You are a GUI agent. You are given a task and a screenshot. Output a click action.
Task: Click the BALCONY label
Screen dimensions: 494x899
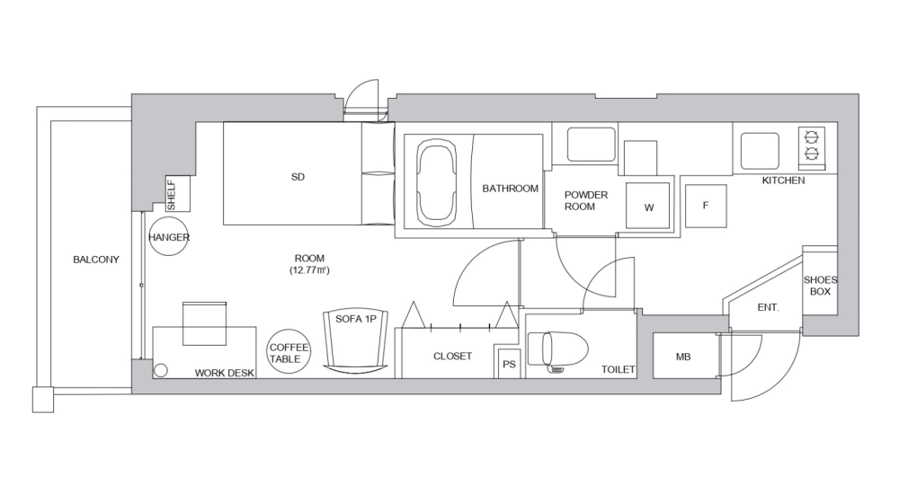tap(95, 260)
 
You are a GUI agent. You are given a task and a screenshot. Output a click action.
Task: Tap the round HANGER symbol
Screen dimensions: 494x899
tap(168, 237)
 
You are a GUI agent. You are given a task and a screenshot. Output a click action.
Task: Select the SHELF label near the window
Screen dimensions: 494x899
tap(172, 195)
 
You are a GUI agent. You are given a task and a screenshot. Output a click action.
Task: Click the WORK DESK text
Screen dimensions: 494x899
tap(225, 372)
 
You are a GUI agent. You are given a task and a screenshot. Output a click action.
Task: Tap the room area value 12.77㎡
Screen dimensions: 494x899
tap(307, 269)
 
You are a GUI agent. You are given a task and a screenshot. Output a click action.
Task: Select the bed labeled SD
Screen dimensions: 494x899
tap(297, 176)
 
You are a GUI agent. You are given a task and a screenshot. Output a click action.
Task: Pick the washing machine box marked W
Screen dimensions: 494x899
tap(649, 207)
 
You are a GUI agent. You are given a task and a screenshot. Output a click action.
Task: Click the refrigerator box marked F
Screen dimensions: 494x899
tap(706, 206)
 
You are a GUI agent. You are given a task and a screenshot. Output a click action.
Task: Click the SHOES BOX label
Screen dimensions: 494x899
tap(819, 285)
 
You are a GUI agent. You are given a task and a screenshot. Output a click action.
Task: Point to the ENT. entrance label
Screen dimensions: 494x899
tap(768, 307)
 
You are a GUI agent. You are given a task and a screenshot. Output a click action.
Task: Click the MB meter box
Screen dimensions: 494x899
tap(683, 357)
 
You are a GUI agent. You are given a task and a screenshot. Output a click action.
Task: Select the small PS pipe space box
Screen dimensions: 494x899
tap(509, 364)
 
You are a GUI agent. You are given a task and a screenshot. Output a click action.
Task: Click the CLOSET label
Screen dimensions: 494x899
tap(452, 357)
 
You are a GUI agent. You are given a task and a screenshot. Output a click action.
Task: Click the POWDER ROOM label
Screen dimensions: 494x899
tap(586, 200)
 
